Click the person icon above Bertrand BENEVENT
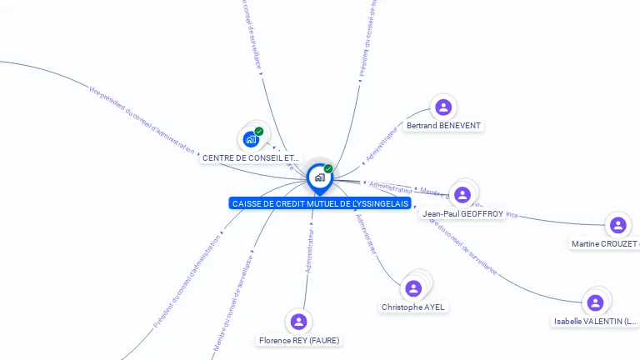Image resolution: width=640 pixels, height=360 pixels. [x=443, y=107]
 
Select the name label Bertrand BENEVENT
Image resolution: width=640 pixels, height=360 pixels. [x=443, y=126]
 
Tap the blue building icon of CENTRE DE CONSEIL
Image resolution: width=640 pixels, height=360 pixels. [x=251, y=139]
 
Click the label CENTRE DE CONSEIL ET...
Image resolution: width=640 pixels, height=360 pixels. [x=251, y=158]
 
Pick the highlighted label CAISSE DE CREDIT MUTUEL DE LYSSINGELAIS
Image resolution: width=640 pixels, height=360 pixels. [x=320, y=203]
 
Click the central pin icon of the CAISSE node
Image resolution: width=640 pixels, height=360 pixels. [x=319, y=177]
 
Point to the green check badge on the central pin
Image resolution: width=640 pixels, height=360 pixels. [x=328, y=168]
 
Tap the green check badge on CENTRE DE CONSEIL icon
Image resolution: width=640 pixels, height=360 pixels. [x=259, y=131]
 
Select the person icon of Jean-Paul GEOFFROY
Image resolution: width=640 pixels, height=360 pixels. [x=462, y=194]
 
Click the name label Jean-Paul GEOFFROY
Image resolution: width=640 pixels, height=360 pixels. [x=462, y=213]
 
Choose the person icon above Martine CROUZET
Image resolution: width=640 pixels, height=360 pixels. [x=617, y=225]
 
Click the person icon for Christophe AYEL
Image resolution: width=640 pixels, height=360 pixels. [x=412, y=288]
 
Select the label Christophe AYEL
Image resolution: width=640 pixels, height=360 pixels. [x=413, y=307]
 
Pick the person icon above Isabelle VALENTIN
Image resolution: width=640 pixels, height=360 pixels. [x=595, y=302]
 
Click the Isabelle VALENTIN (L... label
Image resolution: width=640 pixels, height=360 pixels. [x=596, y=321]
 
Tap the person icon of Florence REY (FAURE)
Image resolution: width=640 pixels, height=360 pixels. [x=299, y=321]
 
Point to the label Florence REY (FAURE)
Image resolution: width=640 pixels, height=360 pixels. [x=299, y=340]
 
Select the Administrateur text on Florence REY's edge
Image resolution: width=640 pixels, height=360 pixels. [x=309, y=251]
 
